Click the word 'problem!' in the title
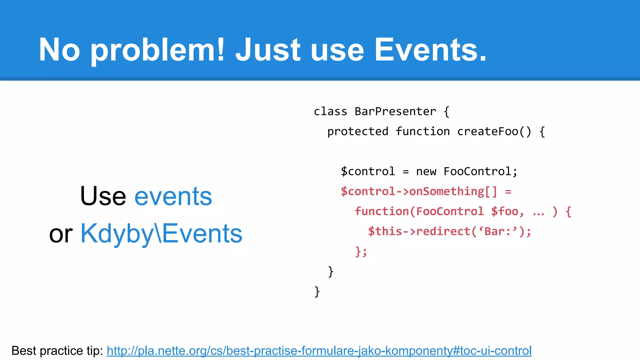coord(157,50)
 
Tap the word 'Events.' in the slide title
coord(430,50)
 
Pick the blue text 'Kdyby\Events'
coord(161,233)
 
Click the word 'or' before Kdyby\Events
coord(61,234)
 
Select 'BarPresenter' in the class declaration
coord(395,112)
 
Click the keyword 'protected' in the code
coord(357,132)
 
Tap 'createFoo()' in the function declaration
coord(494,132)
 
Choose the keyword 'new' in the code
coord(426,172)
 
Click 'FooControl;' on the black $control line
coord(480,172)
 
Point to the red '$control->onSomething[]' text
coord(419,191)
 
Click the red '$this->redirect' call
coord(419,232)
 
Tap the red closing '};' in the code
coord(361,251)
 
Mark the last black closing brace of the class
coord(317,292)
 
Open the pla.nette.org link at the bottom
coord(319,351)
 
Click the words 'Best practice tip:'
coord(57,351)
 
